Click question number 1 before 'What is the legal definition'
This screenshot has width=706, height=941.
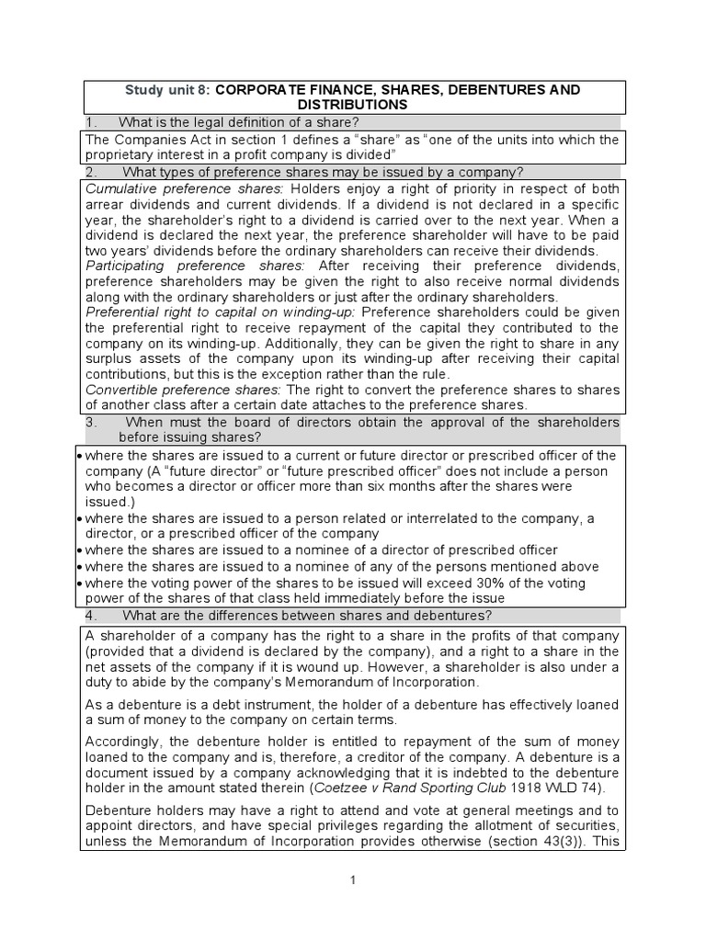click(90, 123)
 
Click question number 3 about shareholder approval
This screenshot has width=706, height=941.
click(90, 422)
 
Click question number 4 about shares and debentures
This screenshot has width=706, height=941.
click(90, 615)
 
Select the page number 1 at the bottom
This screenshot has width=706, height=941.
click(353, 879)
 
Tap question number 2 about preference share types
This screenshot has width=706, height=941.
click(90, 172)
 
